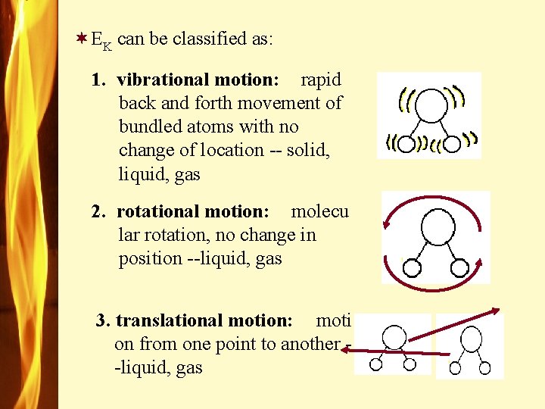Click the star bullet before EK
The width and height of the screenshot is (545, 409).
[81, 38]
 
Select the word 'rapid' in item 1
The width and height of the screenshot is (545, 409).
[321, 80]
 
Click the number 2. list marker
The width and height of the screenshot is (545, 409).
[98, 211]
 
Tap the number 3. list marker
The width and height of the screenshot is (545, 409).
[103, 320]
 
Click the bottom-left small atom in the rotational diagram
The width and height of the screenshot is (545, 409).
[413, 267]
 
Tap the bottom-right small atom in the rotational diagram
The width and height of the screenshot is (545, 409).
[459, 267]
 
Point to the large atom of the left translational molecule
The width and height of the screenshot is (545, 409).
[394, 337]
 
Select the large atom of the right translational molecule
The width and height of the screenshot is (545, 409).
[472, 338]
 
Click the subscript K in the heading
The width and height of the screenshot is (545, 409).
[107, 45]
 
